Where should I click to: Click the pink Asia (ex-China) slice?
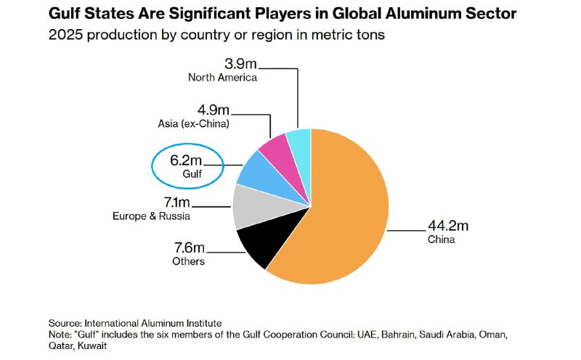point(275,147)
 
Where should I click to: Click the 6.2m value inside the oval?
point(187,160)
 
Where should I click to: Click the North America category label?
point(222,77)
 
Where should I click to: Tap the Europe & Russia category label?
point(151,216)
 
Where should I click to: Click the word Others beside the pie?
point(188,261)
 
